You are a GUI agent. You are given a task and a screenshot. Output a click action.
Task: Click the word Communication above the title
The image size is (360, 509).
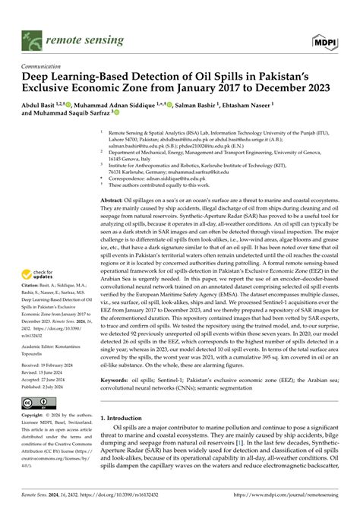[x=44, y=66]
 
